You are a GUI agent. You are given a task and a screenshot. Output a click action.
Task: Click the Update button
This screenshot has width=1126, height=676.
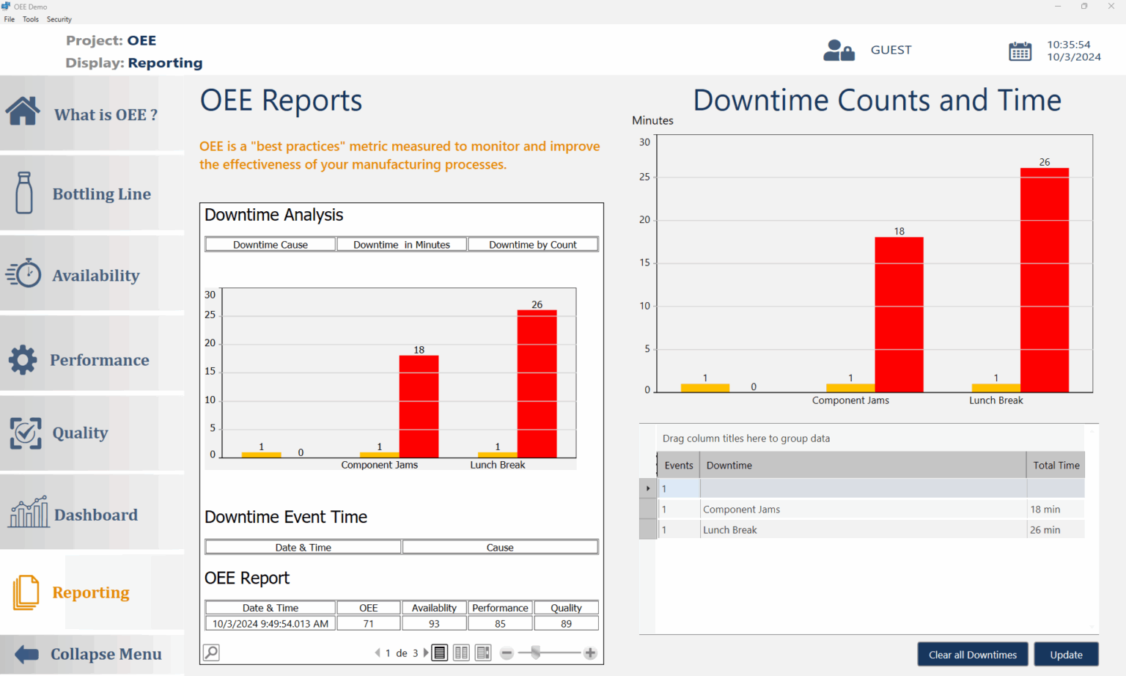[1066, 655]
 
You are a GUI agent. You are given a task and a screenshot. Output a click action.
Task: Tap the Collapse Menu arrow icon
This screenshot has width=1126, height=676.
[26, 654]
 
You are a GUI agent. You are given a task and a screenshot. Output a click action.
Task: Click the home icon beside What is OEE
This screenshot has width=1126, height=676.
[23, 111]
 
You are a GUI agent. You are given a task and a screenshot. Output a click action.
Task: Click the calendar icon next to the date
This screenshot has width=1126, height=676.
[1020, 51]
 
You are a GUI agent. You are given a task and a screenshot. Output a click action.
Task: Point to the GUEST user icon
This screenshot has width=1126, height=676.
[838, 51]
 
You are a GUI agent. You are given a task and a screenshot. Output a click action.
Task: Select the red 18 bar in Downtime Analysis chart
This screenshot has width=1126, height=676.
[419, 406]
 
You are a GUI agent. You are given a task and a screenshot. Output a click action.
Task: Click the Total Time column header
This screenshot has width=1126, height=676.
[1056, 466]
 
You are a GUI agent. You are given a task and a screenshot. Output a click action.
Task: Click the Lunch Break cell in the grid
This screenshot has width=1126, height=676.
[730, 530]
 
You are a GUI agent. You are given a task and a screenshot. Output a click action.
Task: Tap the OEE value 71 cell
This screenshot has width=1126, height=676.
[369, 624]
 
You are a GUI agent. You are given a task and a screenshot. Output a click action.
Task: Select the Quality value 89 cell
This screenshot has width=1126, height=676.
[566, 624]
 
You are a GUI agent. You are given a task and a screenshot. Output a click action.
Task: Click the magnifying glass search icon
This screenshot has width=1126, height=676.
[211, 653]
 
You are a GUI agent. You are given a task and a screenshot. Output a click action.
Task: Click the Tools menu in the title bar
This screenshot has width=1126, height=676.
[31, 20]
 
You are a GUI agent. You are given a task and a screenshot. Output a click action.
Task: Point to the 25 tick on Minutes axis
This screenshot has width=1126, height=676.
[644, 177]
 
